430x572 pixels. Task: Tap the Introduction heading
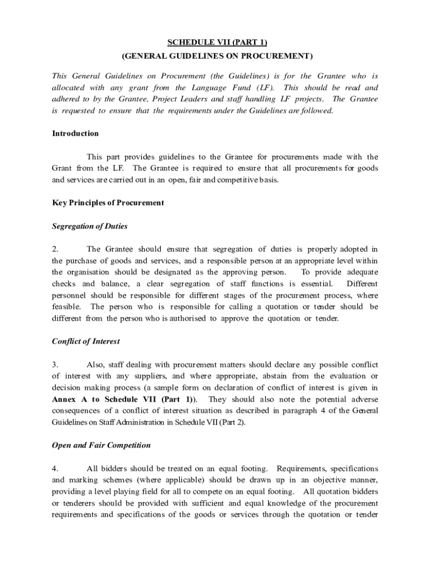[x=75, y=134]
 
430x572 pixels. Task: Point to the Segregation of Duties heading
[x=89, y=226]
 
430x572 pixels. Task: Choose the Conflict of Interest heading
[x=85, y=341]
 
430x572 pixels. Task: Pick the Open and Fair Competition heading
[x=101, y=445]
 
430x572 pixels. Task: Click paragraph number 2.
[x=54, y=249]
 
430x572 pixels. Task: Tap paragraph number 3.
[x=54, y=364]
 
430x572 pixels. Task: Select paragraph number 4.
[x=54, y=468]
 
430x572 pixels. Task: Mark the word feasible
[x=66, y=307]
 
